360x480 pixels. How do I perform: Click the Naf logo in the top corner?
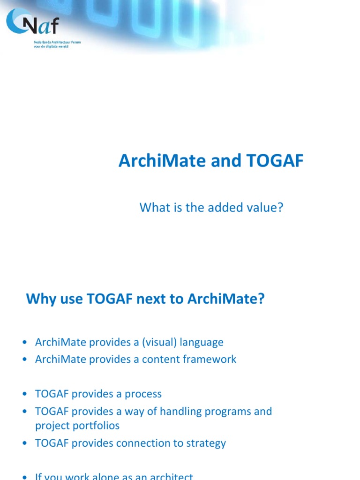pyautogui.click(x=33, y=22)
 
